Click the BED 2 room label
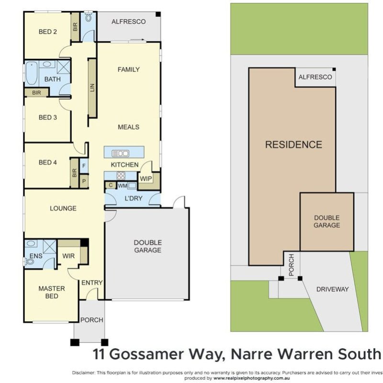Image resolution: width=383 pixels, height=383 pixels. tap(48, 32)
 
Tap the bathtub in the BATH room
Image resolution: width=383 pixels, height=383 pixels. tap(31, 73)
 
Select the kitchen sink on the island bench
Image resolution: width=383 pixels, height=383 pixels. tap(120, 153)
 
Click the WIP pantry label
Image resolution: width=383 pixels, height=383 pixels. tap(146, 179)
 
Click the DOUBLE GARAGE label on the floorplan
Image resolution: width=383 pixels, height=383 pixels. tap(147, 246)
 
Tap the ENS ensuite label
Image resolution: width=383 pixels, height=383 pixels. tap(35, 256)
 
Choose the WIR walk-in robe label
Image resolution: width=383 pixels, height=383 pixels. tap(68, 256)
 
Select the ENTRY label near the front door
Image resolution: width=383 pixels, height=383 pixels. tap(91, 283)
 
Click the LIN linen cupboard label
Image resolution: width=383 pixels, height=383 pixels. tap(92, 88)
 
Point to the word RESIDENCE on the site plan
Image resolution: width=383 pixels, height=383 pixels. tap(293, 145)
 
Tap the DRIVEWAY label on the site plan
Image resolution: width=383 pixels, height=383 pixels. tap(332, 289)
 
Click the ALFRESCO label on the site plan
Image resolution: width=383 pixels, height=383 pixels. tap(315, 77)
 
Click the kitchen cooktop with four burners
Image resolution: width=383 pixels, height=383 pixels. tap(121, 176)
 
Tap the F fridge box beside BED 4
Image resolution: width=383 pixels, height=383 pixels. tap(84, 166)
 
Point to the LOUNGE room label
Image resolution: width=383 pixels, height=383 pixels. tap(63, 208)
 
